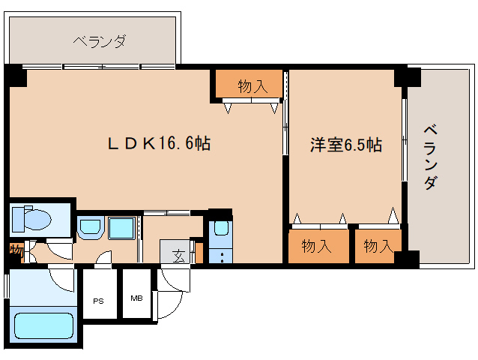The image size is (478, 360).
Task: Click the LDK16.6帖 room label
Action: click(x=159, y=143)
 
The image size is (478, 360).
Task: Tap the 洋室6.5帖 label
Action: click(x=346, y=145)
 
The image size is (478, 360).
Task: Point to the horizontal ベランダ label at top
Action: click(x=100, y=41)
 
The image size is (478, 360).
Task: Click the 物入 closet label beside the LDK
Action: click(x=252, y=86)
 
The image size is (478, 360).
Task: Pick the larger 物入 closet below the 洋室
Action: click(x=316, y=246)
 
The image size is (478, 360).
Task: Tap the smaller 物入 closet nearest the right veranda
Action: click(x=378, y=246)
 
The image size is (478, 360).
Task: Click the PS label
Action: click(x=98, y=301)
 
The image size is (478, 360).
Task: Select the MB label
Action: click(x=136, y=298)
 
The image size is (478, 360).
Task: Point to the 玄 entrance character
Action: click(x=179, y=256)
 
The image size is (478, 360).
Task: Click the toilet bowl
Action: click(x=37, y=219)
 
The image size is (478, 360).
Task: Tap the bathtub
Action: click(x=44, y=325)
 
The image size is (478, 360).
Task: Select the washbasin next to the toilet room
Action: click(x=89, y=228)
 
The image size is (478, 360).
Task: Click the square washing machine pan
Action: click(x=121, y=228)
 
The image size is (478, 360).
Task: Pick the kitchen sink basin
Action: click(x=221, y=228)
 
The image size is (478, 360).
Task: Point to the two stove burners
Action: click(x=222, y=257)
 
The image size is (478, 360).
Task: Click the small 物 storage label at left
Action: click(x=16, y=251)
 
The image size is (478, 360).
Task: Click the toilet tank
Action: click(x=18, y=219)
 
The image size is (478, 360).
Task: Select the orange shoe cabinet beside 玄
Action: click(x=199, y=253)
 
